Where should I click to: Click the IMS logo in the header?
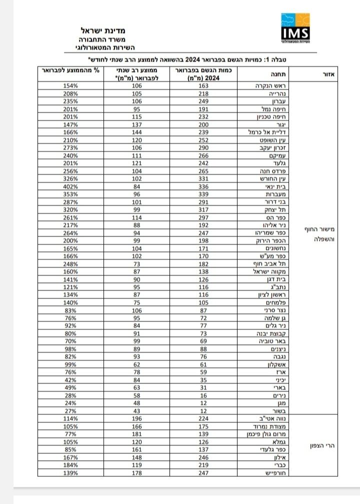tap(295, 28)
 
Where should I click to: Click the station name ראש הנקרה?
tap(262, 86)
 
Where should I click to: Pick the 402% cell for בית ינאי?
tap(71, 186)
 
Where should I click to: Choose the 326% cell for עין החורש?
tap(71, 178)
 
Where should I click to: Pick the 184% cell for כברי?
tap(71, 465)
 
